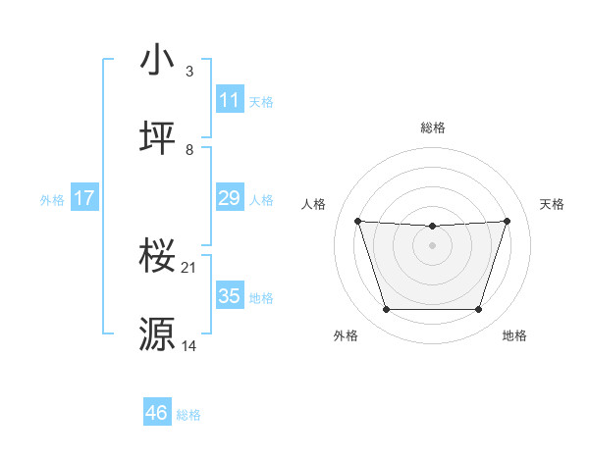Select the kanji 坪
click(x=158, y=138)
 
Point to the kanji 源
click(x=158, y=334)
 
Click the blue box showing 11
click(x=229, y=100)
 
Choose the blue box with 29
click(x=229, y=199)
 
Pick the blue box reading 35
click(x=229, y=296)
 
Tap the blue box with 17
click(x=83, y=199)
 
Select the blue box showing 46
click(x=157, y=413)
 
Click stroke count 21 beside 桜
click(x=189, y=268)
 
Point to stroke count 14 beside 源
click(x=189, y=346)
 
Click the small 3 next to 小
click(x=189, y=72)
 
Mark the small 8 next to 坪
click(x=189, y=150)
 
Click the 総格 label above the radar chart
click(x=433, y=128)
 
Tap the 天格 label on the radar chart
click(x=552, y=204)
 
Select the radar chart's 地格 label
click(x=514, y=335)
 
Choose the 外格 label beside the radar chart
click(x=346, y=335)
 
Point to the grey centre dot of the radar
click(x=433, y=245)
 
